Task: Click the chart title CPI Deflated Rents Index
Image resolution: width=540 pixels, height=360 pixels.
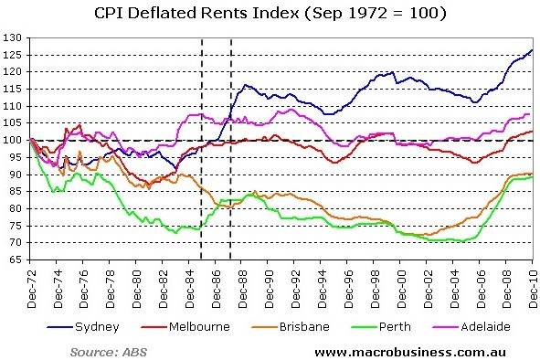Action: (270, 14)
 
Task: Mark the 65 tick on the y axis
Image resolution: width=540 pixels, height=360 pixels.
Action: (16, 259)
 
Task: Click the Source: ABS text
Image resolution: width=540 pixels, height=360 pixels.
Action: (108, 350)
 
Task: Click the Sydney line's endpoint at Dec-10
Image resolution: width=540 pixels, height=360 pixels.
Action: (532, 50)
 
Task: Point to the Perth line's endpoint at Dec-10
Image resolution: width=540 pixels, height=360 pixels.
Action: (532, 177)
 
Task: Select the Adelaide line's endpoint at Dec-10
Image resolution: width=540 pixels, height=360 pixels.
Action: (532, 114)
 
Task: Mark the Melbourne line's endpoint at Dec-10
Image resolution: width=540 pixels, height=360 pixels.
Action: (532, 132)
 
